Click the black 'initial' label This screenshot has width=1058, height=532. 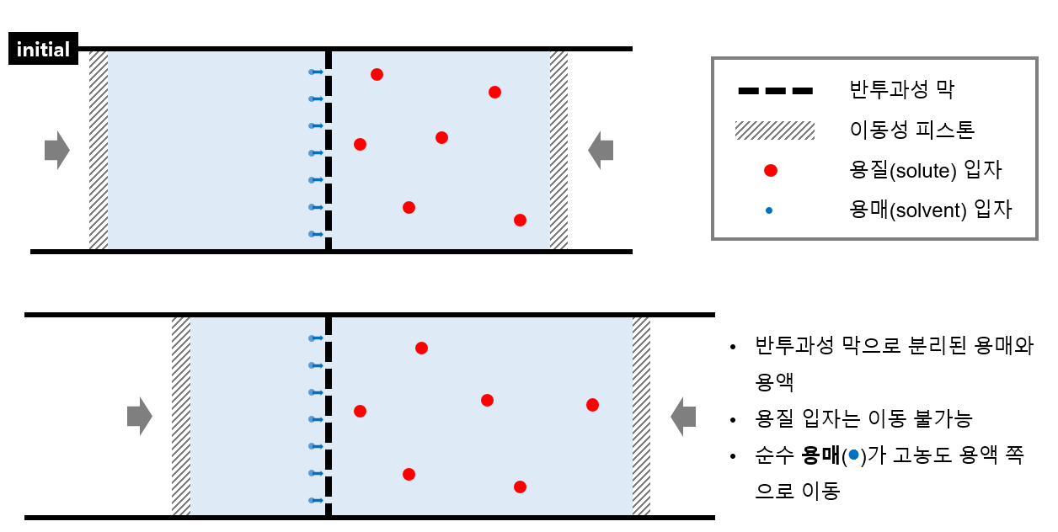coord(43,50)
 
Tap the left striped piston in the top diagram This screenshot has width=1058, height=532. coord(99,150)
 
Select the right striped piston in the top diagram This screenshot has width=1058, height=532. coord(558,150)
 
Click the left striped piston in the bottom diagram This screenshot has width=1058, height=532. coord(181,416)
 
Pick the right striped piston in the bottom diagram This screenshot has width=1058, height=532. coord(641,416)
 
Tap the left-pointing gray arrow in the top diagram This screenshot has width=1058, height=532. coord(601,150)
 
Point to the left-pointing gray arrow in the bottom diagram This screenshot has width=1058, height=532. coord(683,416)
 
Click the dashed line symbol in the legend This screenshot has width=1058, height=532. coord(775,90)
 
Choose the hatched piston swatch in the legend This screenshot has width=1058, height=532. coord(775,130)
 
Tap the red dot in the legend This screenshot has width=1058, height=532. coord(770,170)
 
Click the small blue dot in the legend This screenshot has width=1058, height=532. coord(769,210)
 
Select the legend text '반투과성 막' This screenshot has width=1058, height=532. coord(902,90)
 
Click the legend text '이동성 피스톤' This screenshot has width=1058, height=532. coord(912,130)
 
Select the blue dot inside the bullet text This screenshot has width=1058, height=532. coord(853,455)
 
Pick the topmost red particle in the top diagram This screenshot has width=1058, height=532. coord(377,74)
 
